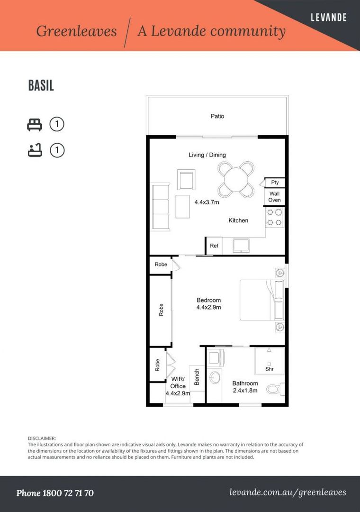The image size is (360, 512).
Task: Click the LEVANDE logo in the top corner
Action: coord(328,18)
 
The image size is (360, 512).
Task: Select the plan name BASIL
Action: coord(41,85)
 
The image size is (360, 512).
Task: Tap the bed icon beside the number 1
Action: coord(35,125)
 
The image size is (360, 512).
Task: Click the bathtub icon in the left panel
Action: coord(35,150)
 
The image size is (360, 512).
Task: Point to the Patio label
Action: coord(217,116)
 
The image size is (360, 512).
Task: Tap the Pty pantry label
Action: coord(275,183)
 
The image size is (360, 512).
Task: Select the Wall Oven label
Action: coord(274,197)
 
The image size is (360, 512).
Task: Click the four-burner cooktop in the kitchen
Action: coord(274,218)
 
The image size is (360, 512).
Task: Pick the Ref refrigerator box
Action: coord(214,246)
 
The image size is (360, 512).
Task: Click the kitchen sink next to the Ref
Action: coord(241,246)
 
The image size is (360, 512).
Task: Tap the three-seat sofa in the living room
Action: coord(160,207)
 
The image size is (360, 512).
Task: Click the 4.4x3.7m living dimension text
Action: coord(207,202)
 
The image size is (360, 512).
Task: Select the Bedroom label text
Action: coord(208,300)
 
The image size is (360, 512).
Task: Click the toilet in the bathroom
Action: coord(276,389)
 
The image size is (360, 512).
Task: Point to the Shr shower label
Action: coord(269,369)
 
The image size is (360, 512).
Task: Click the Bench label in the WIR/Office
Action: coord(197,377)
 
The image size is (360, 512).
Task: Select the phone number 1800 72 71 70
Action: coord(68,493)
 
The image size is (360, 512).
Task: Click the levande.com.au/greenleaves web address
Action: coord(288,493)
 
